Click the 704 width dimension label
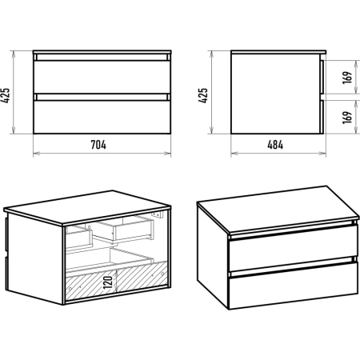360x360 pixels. click(98, 145)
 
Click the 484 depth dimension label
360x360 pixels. click(275, 145)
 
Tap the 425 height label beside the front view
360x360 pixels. click(6, 95)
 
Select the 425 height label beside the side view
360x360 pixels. click(203, 95)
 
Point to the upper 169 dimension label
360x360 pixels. click(347, 78)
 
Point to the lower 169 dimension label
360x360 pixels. click(347, 118)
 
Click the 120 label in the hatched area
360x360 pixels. click(108, 282)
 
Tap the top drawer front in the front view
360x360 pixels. click(102, 77)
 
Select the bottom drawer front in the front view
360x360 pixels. click(102, 117)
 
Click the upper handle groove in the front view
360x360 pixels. click(102, 58)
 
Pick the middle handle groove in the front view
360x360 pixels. click(102, 97)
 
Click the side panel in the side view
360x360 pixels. click(276, 94)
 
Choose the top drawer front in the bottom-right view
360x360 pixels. click(294, 247)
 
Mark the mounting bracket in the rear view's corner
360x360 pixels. click(157, 214)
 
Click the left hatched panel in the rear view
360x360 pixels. click(91, 286)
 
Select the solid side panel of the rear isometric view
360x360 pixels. click(35, 258)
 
